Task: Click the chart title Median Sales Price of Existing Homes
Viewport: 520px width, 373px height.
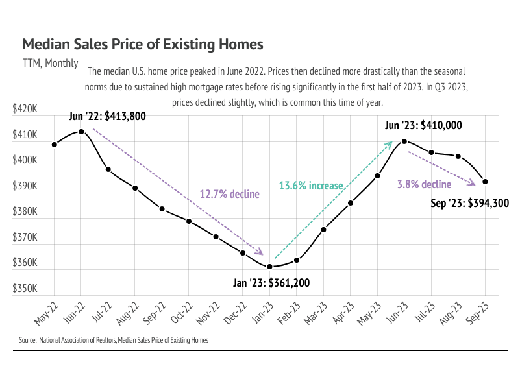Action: pos(143,44)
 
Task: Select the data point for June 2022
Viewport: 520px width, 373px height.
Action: pos(81,131)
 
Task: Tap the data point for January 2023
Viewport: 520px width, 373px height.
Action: pos(269,267)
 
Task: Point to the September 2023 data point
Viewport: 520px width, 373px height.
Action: pos(485,182)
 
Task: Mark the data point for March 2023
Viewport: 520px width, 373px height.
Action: pos(323,230)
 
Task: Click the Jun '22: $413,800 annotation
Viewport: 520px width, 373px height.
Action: pos(107,117)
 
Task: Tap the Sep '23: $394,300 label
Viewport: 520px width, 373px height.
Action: pos(469,203)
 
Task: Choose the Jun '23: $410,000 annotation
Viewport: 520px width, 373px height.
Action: pos(423,125)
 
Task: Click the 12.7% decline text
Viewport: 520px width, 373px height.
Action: pos(229,194)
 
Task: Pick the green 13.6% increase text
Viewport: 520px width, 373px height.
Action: pos(310,186)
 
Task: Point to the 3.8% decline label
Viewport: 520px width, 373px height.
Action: pos(424,185)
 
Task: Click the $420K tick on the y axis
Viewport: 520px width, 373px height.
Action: pos(25,110)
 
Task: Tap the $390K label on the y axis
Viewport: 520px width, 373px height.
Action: pos(25,187)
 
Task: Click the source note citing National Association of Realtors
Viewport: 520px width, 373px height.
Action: pos(114,340)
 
